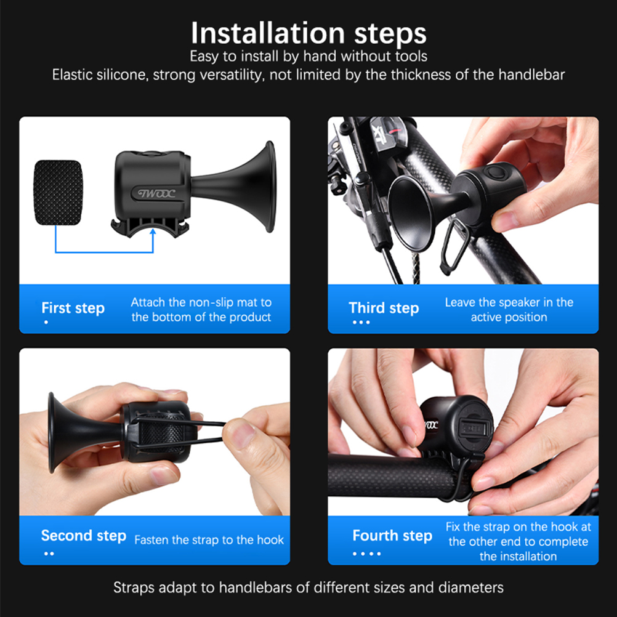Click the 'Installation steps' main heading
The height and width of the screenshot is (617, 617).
pyautogui.click(x=308, y=33)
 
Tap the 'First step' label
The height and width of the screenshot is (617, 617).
pyautogui.click(x=73, y=308)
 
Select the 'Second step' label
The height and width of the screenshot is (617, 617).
pyautogui.click(x=83, y=536)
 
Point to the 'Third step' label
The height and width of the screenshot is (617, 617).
pyautogui.click(x=384, y=308)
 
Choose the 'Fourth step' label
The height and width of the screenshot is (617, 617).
pyautogui.click(x=392, y=536)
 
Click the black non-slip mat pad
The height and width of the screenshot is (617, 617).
pyautogui.click(x=58, y=192)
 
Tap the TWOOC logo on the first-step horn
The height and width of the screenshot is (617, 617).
pyautogui.click(x=156, y=193)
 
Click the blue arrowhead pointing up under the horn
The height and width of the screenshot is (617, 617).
pyautogui.click(x=153, y=232)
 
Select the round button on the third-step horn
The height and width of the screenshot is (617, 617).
pyautogui.click(x=494, y=173)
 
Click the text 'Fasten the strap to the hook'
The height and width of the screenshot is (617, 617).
pyautogui.click(x=209, y=540)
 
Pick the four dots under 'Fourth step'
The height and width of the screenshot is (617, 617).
pyautogui.click(x=366, y=554)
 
